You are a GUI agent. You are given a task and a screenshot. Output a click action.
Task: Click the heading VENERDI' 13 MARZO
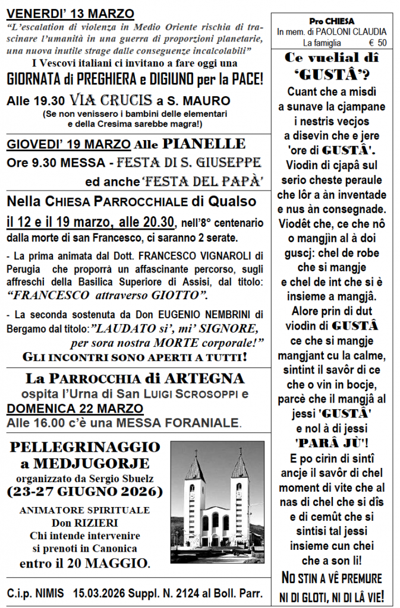(71, 14)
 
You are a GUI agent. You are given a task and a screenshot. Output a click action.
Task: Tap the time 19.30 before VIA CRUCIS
(49, 101)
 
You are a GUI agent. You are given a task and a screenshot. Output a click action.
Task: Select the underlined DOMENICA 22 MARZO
(75, 408)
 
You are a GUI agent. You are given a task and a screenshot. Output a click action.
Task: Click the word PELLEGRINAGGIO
(84, 447)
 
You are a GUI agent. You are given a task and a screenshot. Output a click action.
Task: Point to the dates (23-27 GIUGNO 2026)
(84, 492)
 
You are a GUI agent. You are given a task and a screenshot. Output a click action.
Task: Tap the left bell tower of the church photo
(194, 481)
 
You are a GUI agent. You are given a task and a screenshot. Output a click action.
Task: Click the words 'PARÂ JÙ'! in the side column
(332, 442)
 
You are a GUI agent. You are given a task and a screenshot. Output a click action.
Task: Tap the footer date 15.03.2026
(99, 593)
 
